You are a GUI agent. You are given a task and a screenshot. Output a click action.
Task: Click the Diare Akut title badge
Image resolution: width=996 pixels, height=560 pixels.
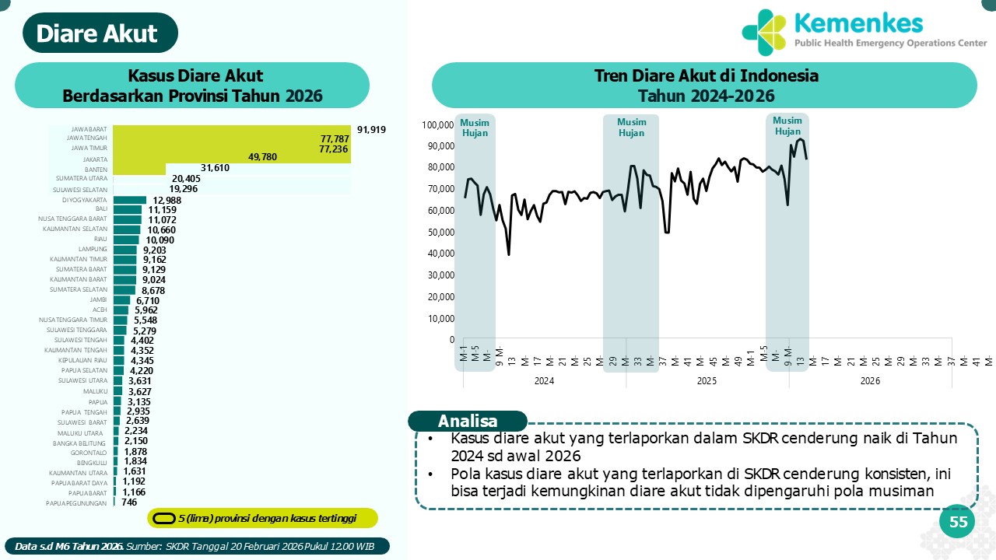tap(96, 33)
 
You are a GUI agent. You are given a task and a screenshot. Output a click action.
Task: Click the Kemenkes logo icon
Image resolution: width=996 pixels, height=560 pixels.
tap(763, 31)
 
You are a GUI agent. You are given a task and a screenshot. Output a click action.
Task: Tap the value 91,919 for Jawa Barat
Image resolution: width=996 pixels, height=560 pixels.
tap(371, 129)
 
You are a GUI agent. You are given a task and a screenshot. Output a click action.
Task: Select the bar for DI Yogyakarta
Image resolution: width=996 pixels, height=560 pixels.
tap(129, 200)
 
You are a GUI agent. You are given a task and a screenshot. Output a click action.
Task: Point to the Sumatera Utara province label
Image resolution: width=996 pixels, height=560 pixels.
tap(81, 178)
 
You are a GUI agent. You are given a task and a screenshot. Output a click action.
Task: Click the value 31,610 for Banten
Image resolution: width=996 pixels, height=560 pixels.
tap(215, 167)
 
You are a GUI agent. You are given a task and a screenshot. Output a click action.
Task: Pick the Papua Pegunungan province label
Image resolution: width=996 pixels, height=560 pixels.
tap(76, 502)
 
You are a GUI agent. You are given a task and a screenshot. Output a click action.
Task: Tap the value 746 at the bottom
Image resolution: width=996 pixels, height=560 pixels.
tap(129, 502)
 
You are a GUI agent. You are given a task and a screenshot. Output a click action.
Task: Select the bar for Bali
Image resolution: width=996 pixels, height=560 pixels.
tap(127, 209)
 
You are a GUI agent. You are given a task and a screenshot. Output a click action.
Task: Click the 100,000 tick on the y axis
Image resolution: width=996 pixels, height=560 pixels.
tap(438, 125)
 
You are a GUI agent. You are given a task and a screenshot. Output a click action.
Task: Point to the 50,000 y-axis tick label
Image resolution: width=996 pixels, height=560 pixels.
tap(440, 233)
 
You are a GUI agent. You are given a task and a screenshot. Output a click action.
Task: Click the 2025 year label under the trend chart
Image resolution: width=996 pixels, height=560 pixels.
tap(707, 381)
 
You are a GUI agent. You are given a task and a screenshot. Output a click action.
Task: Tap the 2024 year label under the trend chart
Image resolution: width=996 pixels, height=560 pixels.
tap(544, 381)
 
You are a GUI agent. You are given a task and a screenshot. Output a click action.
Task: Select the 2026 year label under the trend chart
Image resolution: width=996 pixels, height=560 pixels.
tap(870, 381)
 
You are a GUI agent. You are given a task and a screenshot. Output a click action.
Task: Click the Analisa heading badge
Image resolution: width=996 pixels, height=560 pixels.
tap(468, 421)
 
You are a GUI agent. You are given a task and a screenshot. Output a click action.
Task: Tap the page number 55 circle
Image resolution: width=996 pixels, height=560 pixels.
tap(959, 522)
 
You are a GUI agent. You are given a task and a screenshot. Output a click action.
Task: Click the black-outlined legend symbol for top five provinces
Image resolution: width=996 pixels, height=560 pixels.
tap(163, 518)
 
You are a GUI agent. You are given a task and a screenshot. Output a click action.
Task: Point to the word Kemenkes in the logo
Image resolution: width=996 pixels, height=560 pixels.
tap(860, 23)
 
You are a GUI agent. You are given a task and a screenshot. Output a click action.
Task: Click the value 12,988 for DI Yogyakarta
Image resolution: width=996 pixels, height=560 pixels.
tap(167, 200)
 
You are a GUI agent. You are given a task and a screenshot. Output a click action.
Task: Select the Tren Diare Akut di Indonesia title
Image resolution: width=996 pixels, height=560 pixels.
tap(706, 76)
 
